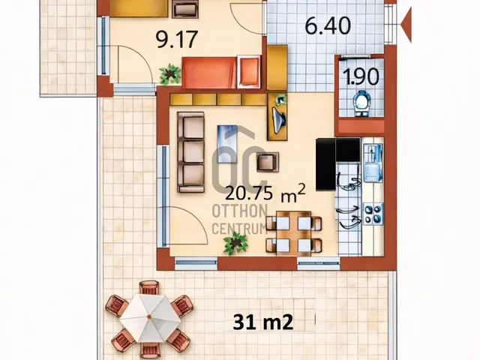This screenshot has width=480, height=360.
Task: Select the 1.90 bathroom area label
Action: [x=361, y=76]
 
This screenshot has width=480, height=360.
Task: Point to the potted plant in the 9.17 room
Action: [x=170, y=74]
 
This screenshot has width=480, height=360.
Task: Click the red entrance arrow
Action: [x=406, y=24]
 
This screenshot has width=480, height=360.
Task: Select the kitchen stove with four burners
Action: [x=372, y=214]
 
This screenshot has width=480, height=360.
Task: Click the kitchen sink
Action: [x=372, y=157]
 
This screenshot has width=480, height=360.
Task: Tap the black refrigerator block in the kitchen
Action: [x=325, y=164]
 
